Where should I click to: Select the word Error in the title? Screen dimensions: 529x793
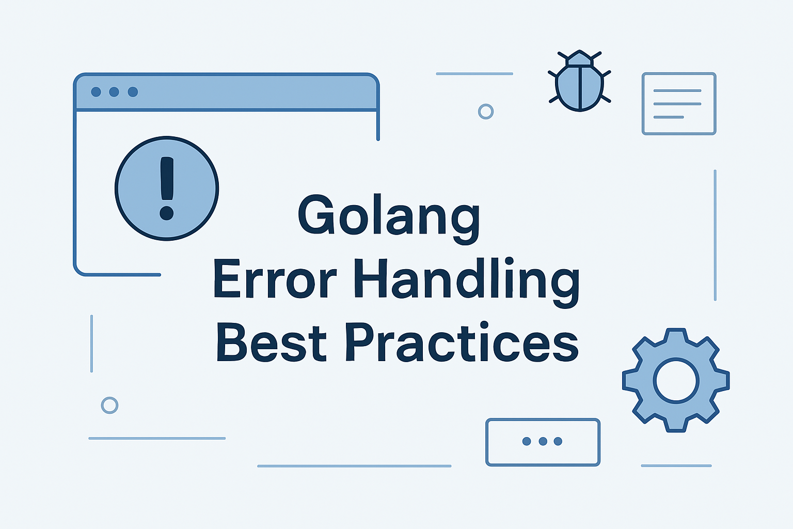pyautogui.click(x=275, y=280)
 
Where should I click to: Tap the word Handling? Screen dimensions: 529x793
pyautogui.click(x=466, y=280)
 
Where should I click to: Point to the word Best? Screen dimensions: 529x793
pyautogui.click(x=272, y=342)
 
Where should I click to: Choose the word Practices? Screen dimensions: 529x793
pyautogui.click(x=462, y=342)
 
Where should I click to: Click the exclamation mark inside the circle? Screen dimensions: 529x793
pyautogui.click(x=167, y=189)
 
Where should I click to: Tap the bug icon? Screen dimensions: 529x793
pyautogui.click(x=579, y=81)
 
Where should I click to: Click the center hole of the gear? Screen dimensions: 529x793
pyautogui.click(x=676, y=381)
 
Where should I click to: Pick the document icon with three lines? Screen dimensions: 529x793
pyautogui.click(x=678, y=104)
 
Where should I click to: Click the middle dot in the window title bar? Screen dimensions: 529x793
pyautogui.click(x=114, y=92)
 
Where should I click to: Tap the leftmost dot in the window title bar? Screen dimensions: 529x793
pyautogui.click(x=96, y=92)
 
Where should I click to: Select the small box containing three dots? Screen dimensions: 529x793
pyautogui.click(x=543, y=442)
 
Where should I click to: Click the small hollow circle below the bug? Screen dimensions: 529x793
pyautogui.click(x=486, y=112)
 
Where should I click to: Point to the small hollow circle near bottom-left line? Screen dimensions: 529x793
pyautogui.click(x=109, y=405)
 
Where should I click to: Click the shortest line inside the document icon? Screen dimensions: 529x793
pyautogui.click(x=669, y=117)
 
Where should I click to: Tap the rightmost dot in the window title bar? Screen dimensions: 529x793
pyautogui.click(x=133, y=92)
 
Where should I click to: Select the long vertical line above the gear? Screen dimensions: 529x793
pyautogui.click(x=715, y=235)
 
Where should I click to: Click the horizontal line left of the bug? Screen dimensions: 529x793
pyautogui.click(x=474, y=74)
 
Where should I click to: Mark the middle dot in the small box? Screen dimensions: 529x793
pyautogui.click(x=543, y=441)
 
